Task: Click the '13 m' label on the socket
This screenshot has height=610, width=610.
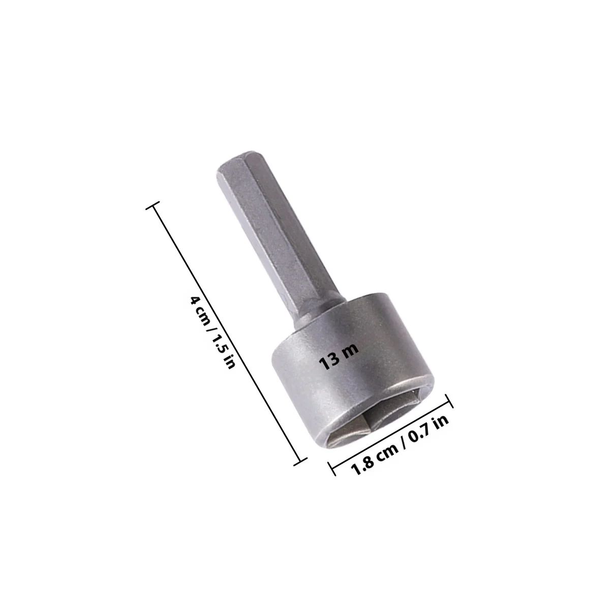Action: click(x=340, y=356)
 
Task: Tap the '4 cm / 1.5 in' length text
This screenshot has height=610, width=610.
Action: click(x=212, y=332)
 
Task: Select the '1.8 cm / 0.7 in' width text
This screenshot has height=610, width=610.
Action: click(x=400, y=449)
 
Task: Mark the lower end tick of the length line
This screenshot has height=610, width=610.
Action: click(x=300, y=462)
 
